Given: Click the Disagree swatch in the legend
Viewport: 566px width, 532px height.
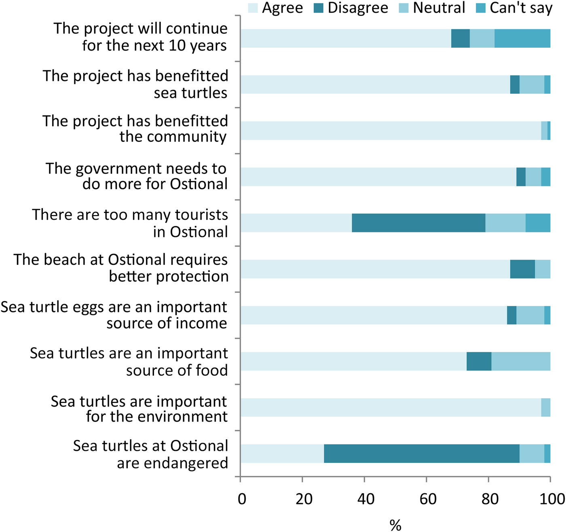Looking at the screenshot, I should coord(319,8).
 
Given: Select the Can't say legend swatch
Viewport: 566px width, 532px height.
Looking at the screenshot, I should coord(480,8).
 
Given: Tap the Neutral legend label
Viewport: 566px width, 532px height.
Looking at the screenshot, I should coord(439,8).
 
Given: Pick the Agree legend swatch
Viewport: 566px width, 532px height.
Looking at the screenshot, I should coord(253,8).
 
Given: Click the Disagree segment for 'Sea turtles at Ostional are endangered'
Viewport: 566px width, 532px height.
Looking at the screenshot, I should coord(422,454).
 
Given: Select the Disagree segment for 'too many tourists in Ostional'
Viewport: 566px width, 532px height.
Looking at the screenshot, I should coord(418,223).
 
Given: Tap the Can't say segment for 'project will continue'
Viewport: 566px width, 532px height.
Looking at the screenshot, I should coord(522,38).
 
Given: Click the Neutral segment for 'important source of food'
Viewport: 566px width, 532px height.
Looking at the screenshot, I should coord(521,361).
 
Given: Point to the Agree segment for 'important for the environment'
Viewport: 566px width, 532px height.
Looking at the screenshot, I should coord(391,407).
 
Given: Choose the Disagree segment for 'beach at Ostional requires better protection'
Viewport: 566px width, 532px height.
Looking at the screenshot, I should coord(522,269).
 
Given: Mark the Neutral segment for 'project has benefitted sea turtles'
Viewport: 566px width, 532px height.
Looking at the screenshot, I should coord(532,84).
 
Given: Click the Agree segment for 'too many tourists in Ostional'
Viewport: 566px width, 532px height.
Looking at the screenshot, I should coord(296,223).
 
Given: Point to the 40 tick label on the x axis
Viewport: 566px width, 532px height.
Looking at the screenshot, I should coord(365,499).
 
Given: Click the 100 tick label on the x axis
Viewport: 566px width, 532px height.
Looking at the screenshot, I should coord(552,499).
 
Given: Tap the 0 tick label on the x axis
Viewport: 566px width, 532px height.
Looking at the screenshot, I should coord(242,499).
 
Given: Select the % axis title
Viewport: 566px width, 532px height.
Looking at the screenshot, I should coord(395,525).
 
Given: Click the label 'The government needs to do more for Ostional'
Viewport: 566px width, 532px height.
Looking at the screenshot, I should coord(136,176).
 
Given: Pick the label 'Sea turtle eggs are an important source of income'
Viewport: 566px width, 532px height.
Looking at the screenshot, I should coord(114,315).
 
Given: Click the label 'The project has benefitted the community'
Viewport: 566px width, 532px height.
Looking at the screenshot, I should coord(135,129).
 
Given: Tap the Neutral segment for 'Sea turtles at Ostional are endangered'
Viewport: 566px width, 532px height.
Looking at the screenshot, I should coord(532,454).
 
